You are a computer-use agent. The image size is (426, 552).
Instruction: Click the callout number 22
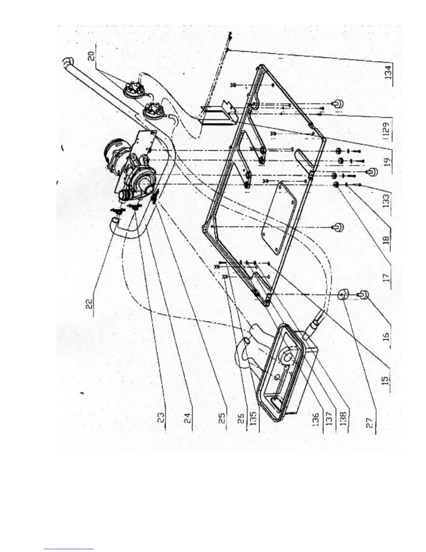pos(89,301)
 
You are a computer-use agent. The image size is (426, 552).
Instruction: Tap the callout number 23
pos(161,415)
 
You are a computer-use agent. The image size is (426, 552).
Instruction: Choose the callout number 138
pos(344,415)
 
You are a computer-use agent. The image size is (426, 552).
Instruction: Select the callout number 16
pos(385,335)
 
